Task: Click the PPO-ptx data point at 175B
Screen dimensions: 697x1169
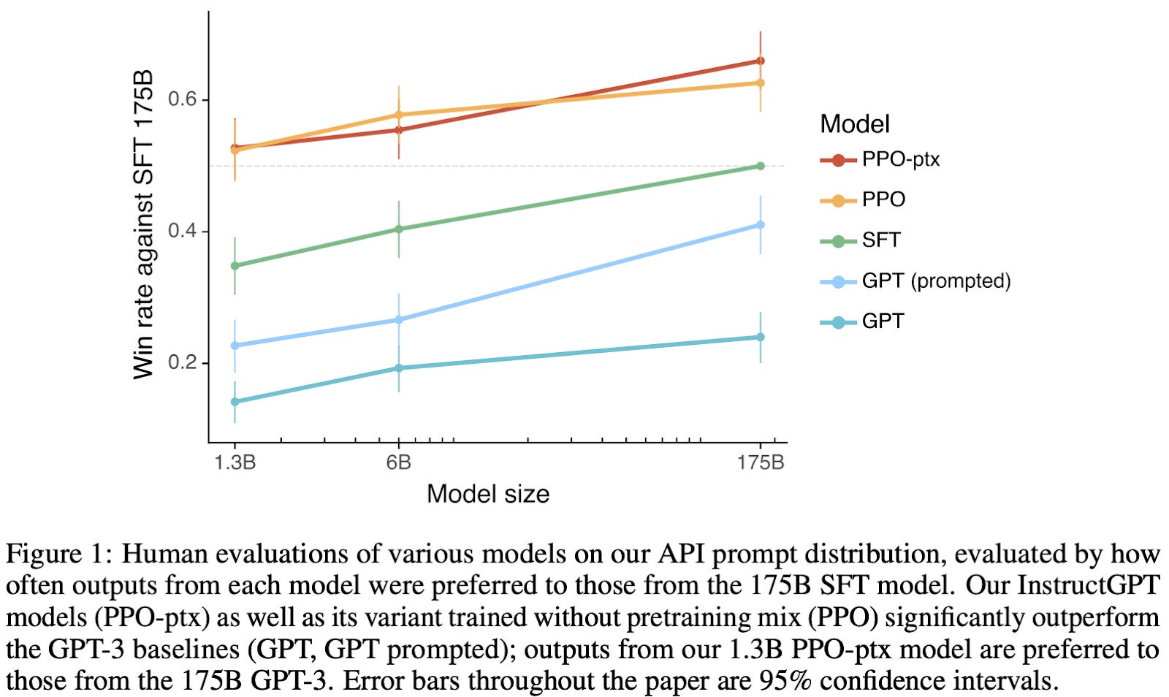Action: pos(761,61)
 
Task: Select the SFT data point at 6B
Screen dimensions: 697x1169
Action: pos(398,229)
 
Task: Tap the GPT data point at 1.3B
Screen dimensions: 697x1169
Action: pos(235,401)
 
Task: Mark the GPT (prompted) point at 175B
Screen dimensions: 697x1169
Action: pos(761,225)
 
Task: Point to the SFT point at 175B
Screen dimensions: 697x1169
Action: pos(761,166)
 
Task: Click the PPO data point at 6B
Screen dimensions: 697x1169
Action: pos(398,115)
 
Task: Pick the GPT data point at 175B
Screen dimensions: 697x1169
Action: pos(761,337)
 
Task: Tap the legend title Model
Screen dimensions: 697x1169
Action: pos(854,123)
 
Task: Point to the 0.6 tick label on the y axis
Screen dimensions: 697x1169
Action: pos(183,99)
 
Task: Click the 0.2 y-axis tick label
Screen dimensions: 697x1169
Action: pos(183,362)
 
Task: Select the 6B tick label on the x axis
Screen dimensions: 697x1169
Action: pos(398,462)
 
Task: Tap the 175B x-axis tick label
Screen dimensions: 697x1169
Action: pos(761,462)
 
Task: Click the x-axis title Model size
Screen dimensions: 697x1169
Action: pos(487,494)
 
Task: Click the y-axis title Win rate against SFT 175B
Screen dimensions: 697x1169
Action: pos(144,224)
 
